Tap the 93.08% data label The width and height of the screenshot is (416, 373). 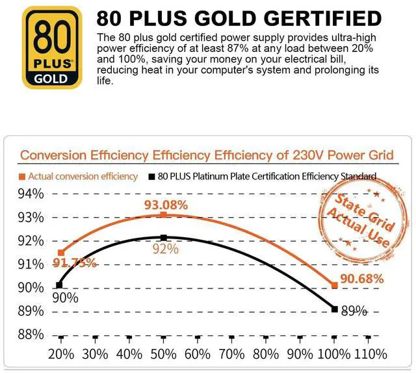166,205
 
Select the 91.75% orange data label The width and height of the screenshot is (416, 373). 77,263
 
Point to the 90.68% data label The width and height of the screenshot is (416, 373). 361,278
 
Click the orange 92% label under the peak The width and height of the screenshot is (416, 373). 165,249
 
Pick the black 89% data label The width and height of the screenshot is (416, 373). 354,311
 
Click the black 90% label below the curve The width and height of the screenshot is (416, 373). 65,298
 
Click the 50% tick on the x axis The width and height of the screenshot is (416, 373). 164,354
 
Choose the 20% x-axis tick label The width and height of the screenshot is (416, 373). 62,354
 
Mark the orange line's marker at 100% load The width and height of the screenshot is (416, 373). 334,285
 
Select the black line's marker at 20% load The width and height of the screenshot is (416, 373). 59,285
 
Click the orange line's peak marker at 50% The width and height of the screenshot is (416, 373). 164,214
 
